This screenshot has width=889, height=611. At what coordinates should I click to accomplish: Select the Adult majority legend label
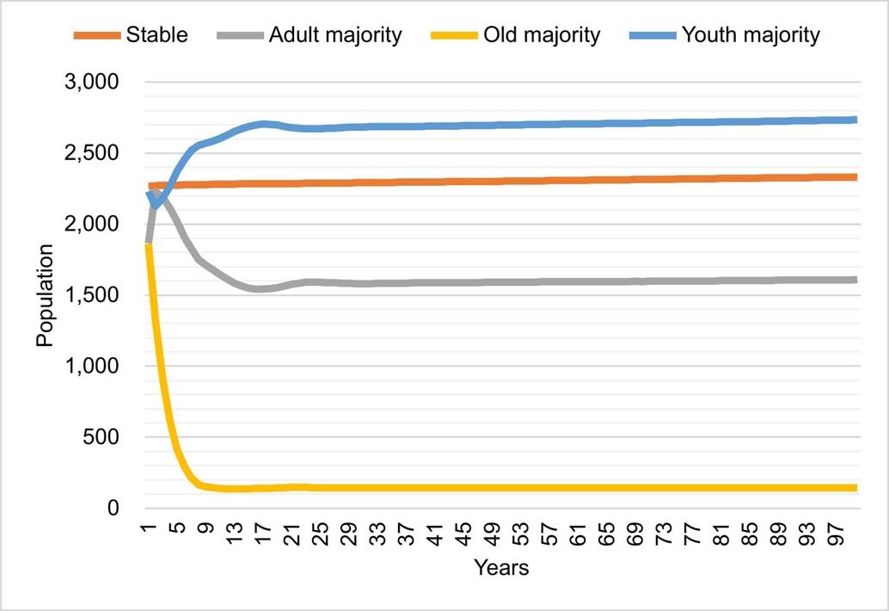click(334, 35)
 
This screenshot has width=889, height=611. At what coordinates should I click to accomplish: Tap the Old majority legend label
click(541, 35)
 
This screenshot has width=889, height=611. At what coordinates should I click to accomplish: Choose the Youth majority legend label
click(751, 35)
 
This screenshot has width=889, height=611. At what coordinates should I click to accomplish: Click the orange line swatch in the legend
click(96, 35)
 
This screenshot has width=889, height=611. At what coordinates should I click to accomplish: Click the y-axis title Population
click(45, 295)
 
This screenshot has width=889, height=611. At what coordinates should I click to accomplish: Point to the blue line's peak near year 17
click(263, 124)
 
